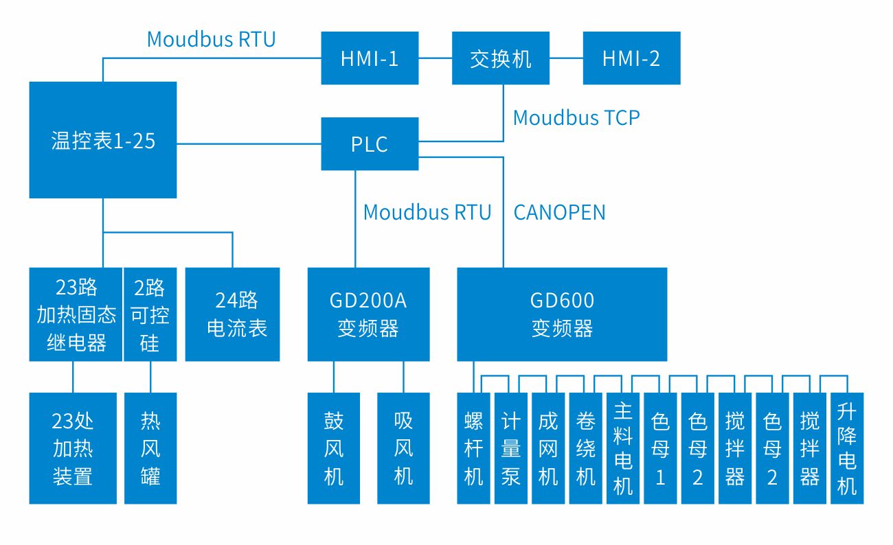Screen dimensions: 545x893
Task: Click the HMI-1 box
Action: coord(370,58)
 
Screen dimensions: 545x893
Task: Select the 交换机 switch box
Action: coord(501,58)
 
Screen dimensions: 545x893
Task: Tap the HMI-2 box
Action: coord(631,58)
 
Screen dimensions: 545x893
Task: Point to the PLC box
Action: coord(370,144)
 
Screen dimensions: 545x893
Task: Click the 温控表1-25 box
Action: coord(103,141)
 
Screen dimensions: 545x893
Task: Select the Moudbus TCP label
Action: coord(576,118)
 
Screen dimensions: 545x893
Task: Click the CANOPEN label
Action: coord(560,212)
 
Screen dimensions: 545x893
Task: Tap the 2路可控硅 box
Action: coord(150,314)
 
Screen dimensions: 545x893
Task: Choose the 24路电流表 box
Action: coord(233,314)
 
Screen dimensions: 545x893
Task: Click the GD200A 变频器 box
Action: coord(368,314)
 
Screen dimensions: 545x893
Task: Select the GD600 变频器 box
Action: coord(562,314)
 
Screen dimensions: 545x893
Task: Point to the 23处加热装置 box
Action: coord(73,448)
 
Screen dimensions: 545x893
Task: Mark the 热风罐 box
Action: coord(150,448)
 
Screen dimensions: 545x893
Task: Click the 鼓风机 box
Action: coord(334,448)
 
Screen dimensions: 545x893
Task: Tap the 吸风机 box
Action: coord(403,448)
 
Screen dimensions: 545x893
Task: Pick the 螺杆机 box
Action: coord(474,448)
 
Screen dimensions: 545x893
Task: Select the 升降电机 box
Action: coord(847,448)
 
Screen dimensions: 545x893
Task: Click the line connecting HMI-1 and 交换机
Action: coord(436,58)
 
